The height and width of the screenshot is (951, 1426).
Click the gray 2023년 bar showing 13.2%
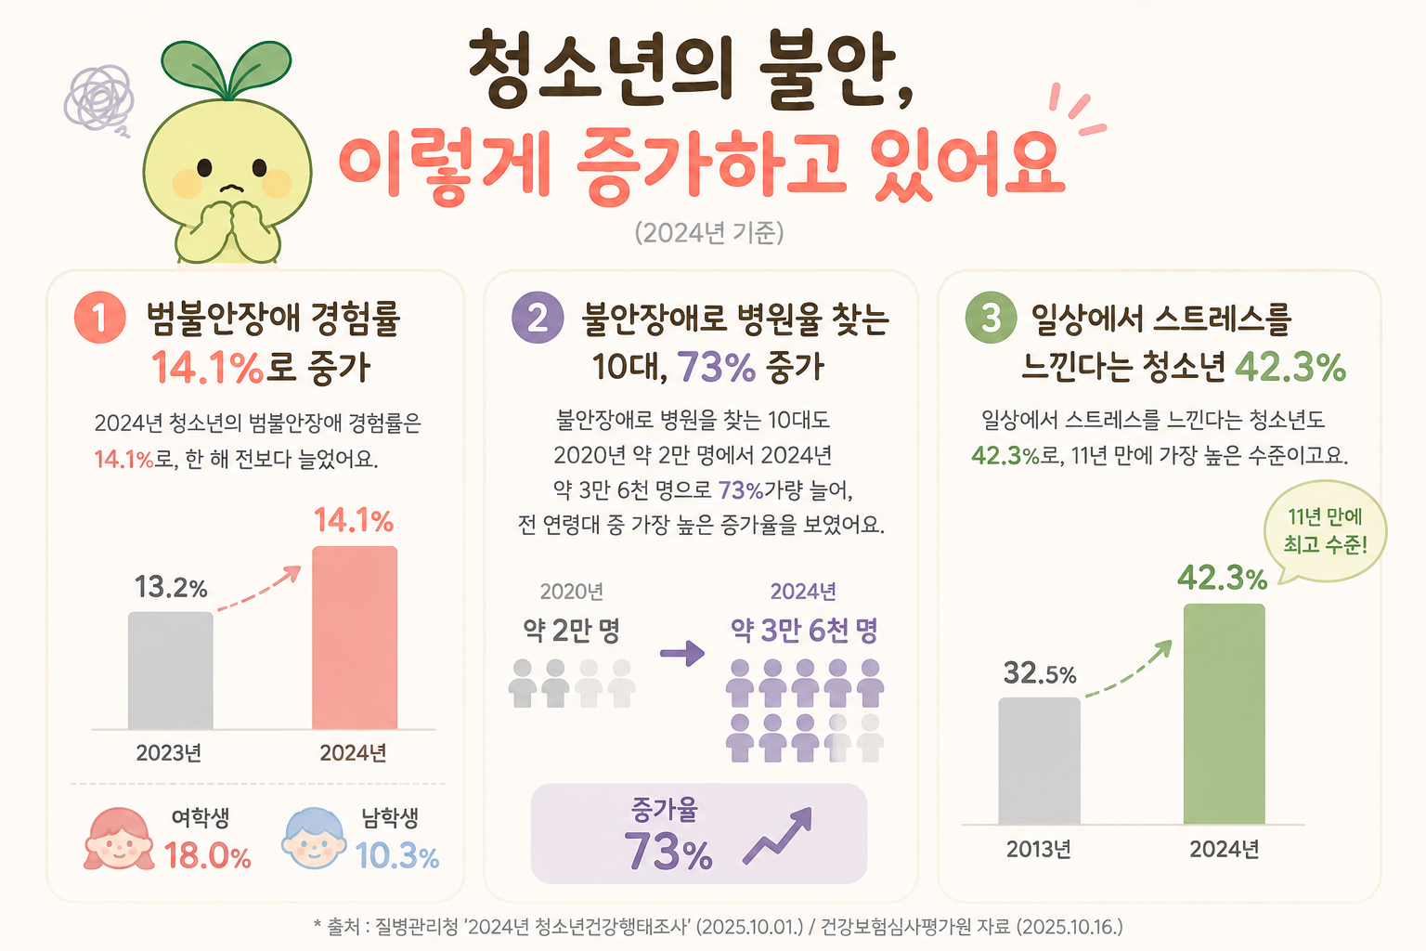[171, 671]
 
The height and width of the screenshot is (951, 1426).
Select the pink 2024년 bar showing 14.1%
[355, 637]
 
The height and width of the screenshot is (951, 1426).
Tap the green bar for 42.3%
[1224, 713]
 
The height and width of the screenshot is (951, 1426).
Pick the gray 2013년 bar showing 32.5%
[1039, 761]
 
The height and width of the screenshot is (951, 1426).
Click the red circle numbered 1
[100, 318]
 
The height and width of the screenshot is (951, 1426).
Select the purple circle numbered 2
[538, 318]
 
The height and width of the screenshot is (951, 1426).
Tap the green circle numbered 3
[991, 318]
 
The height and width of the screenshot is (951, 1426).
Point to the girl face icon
[119, 839]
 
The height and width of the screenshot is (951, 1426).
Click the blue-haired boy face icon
[315, 839]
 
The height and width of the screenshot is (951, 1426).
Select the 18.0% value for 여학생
[208, 855]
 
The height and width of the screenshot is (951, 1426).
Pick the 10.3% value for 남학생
[397, 855]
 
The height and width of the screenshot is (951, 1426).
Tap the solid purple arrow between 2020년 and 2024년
[681, 653]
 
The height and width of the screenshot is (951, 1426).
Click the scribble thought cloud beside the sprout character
[99, 98]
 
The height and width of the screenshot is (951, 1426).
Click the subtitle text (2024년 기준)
[709, 233]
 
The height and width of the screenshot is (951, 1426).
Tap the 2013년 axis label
[1039, 849]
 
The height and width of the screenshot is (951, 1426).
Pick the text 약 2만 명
[571, 630]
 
